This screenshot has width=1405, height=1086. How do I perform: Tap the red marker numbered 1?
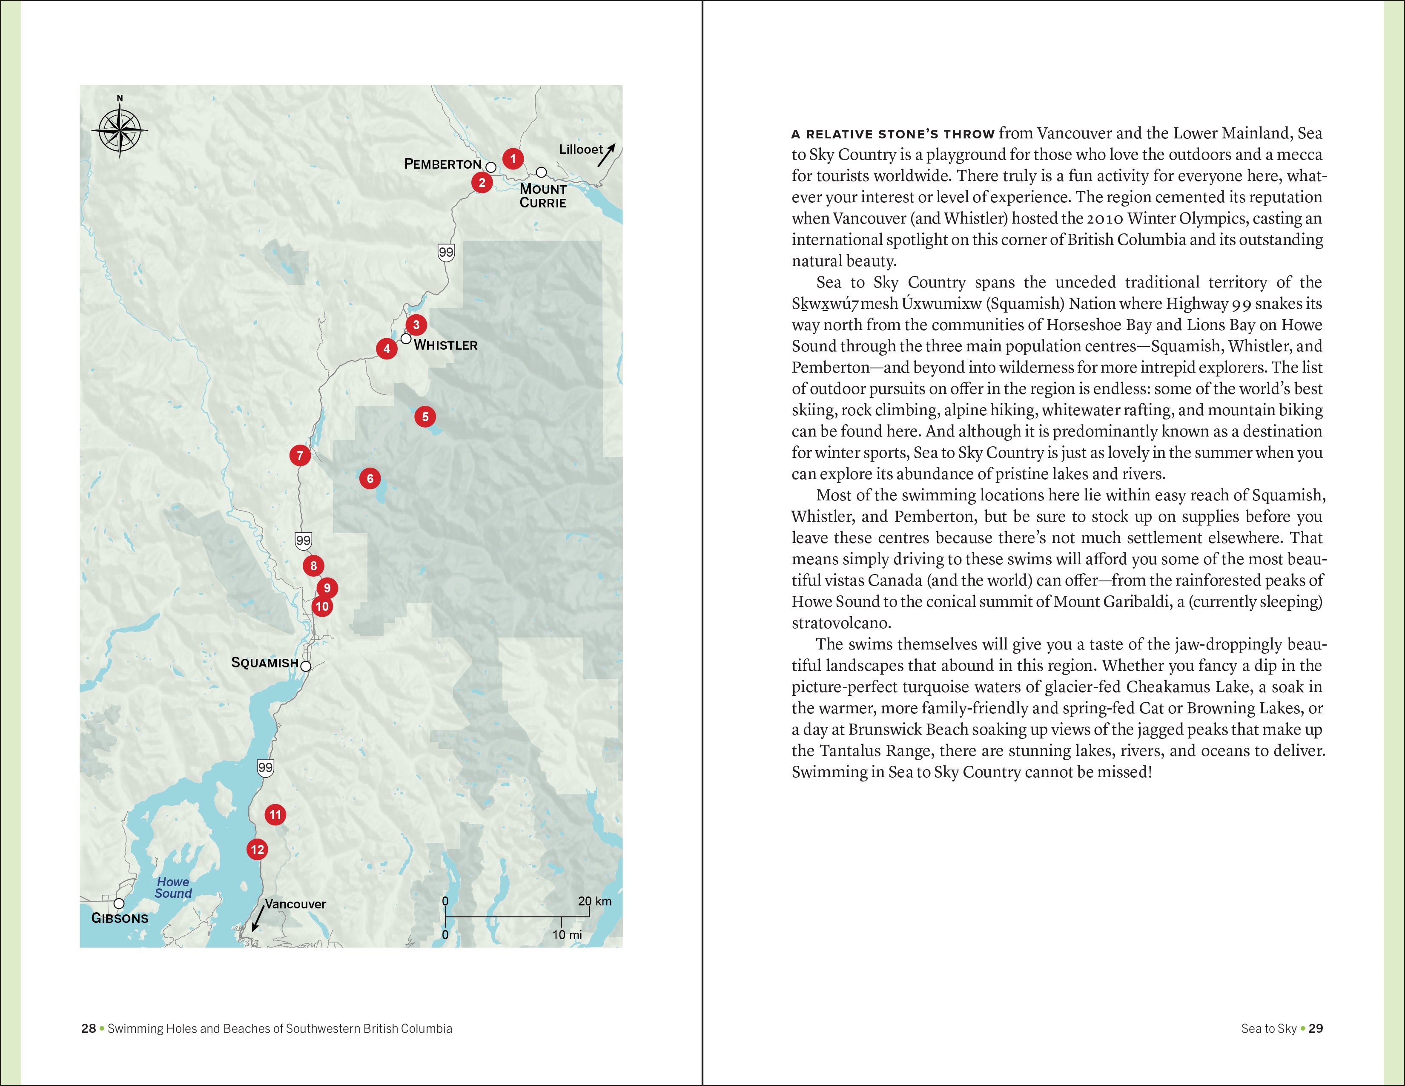click(x=513, y=158)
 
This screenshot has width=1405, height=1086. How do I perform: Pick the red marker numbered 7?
click(x=300, y=456)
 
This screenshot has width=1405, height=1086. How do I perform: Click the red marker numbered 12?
click(x=257, y=849)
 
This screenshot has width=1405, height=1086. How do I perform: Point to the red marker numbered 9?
click(x=327, y=587)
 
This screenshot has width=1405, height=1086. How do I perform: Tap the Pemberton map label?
click(x=443, y=164)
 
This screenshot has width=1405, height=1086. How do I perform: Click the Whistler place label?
click(x=446, y=345)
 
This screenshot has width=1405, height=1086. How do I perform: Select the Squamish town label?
click(x=264, y=663)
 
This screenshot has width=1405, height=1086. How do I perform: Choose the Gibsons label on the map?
click(x=120, y=919)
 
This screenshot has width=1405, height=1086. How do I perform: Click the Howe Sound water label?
click(x=173, y=888)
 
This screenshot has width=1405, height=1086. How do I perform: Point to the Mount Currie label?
click(x=543, y=195)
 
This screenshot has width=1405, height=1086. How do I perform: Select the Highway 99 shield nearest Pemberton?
click(x=446, y=252)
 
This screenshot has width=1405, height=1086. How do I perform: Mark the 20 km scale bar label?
click(x=594, y=901)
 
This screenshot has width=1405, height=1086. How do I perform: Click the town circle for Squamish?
click(x=306, y=667)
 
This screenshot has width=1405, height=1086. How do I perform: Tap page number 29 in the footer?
click(x=1316, y=1028)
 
